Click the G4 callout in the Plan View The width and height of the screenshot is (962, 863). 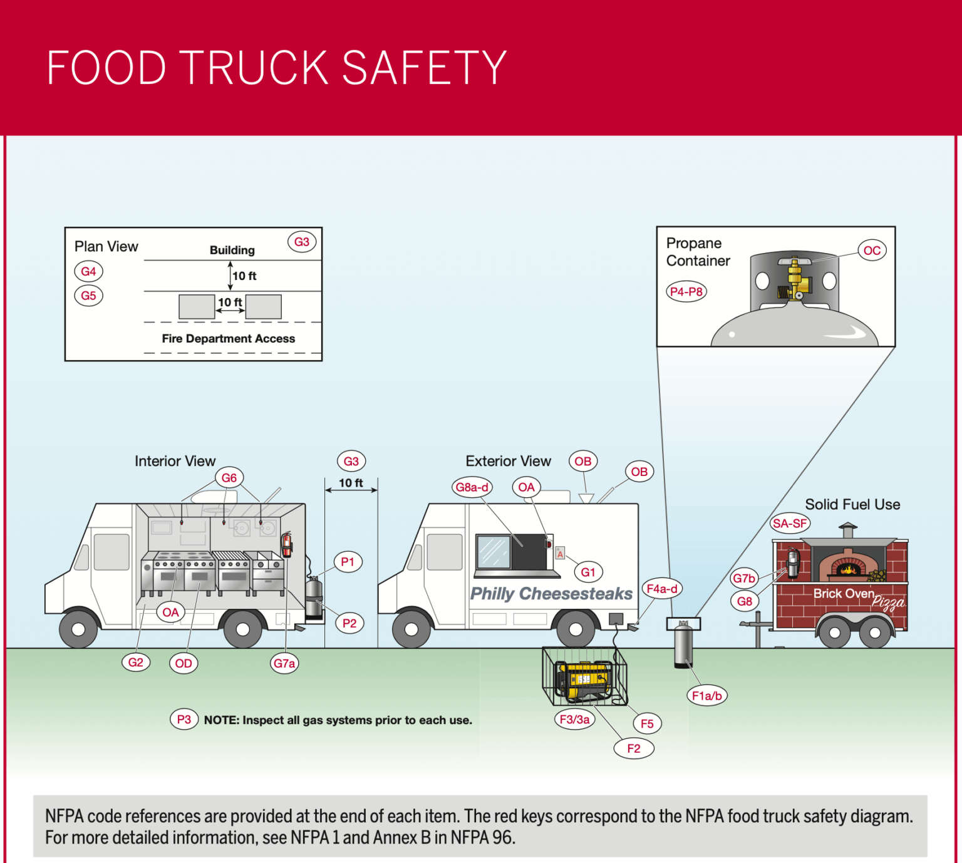(x=88, y=271)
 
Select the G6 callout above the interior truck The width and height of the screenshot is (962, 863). (x=229, y=478)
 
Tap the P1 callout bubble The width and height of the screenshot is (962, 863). (x=348, y=562)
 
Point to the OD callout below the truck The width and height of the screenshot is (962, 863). (x=184, y=663)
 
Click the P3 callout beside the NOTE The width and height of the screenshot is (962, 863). (x=184, y=720)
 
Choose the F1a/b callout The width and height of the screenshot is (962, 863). (x=706, y=695)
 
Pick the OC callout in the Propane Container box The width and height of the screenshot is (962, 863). (x=872, y=251)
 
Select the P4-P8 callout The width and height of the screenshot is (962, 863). (x=686, y=291)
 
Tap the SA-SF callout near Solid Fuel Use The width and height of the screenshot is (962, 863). (x=790, y=523)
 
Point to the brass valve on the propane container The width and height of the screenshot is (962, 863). (x=794, y=279)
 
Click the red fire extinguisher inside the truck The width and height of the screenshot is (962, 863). (x=287, y=544)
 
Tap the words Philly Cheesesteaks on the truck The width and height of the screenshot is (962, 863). (x=551, y=593)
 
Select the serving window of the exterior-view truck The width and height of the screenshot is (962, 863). (x=511, y=552)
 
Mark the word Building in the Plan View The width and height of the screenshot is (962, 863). (x=232, y=250)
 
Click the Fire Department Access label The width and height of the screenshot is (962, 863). (x=228, y=338)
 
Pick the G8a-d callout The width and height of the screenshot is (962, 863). (x=472, y=487)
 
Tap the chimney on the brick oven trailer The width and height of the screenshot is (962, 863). (x=848, y=531)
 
